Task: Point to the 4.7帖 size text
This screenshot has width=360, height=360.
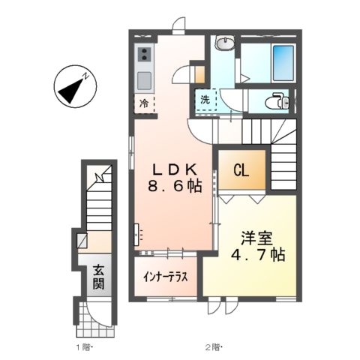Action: [x=256, y=256]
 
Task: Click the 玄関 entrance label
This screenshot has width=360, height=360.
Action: [x=97, y=277]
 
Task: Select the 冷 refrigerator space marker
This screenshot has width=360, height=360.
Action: [x=142, y=103]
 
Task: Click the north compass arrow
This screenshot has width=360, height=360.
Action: [x=74, y=88]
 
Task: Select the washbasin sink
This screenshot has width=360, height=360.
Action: [x=224, y=43]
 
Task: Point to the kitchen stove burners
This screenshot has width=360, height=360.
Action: [x=143, y=53]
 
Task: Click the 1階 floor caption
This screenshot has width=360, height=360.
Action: [x=83, y=346]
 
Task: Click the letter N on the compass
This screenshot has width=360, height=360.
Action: [x=87, y=76]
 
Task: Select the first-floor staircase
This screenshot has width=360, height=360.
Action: [x=97, y=206]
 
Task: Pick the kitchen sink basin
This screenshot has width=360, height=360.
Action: [x=143, y=79]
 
